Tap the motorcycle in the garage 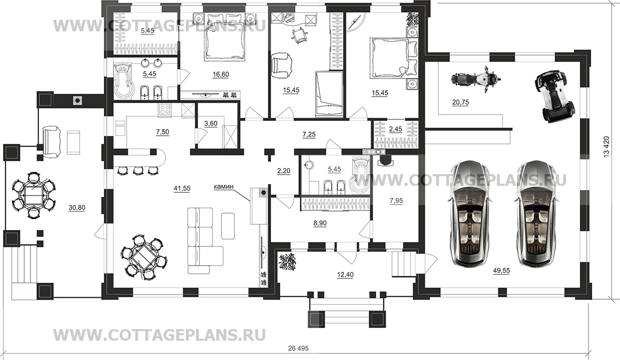[x=475, y=79]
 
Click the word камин [x=223, y=187]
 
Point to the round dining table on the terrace [x=33, y=195]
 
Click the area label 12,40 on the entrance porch [x=345, y=275]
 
